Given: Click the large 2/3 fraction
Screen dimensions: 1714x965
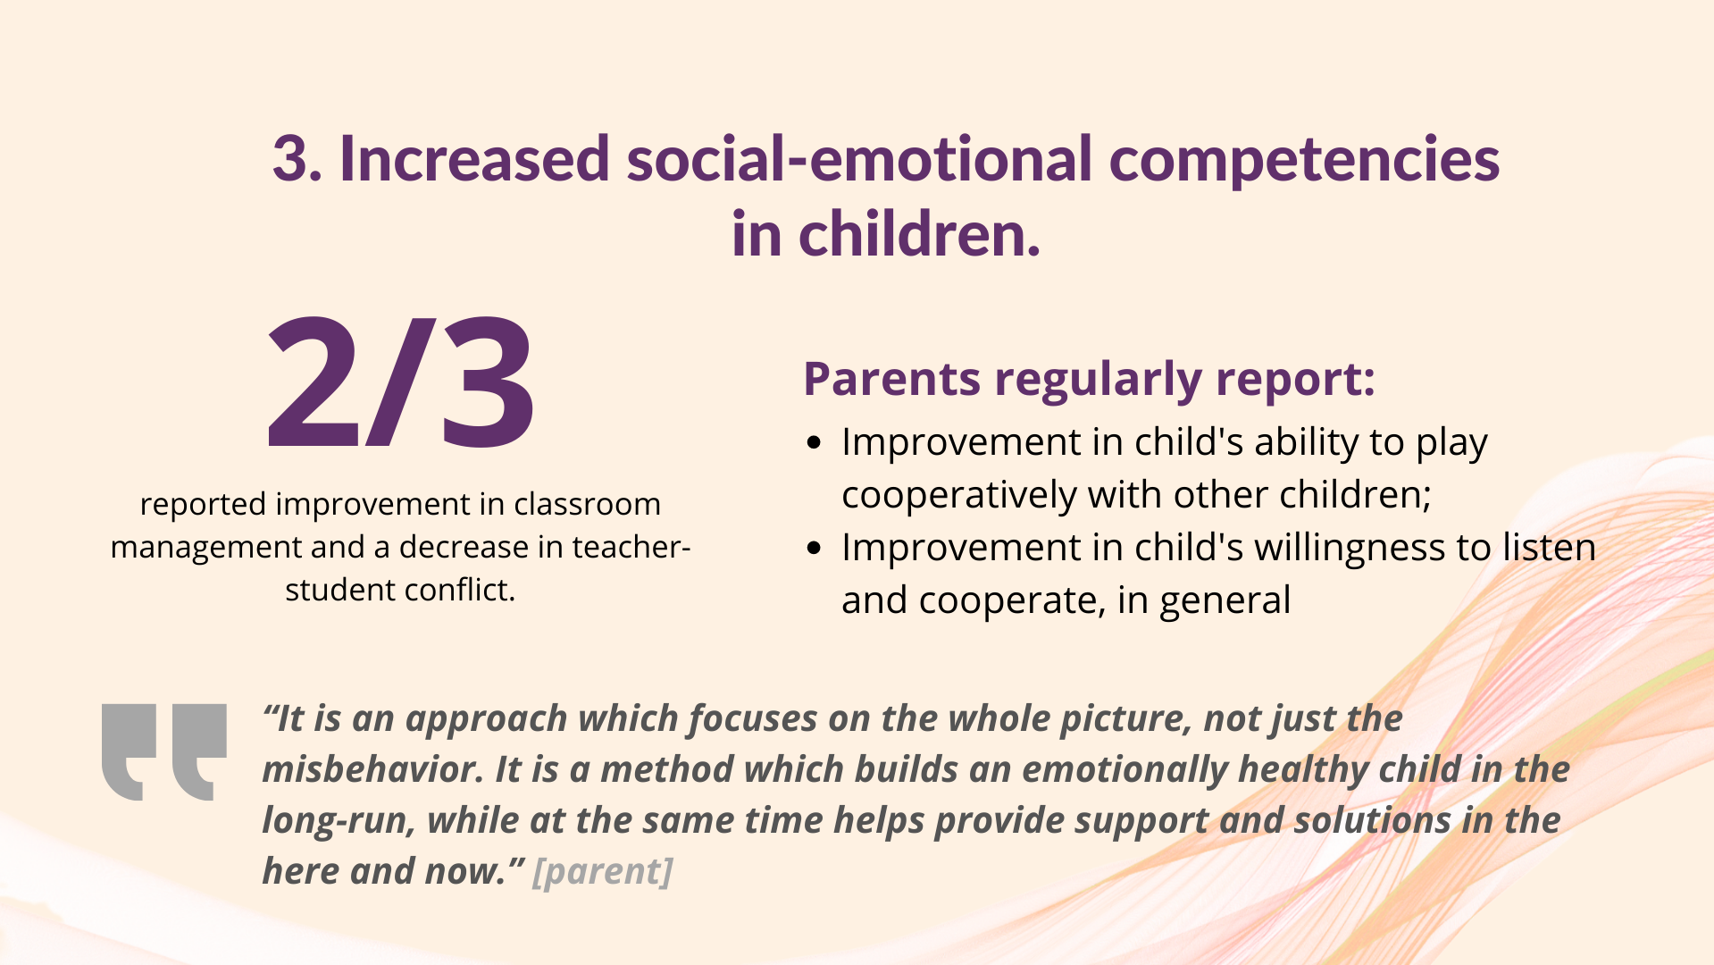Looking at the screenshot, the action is pos(401,382).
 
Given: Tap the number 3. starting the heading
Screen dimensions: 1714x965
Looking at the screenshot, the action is pos(297,159).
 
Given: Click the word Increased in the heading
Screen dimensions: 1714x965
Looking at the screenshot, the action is pos(474,159).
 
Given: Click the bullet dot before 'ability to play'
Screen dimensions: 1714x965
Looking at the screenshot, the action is pos(814,443).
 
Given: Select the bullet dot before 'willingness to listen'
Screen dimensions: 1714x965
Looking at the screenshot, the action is pos(814,548).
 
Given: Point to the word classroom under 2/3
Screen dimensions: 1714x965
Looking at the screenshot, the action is pos(587,504).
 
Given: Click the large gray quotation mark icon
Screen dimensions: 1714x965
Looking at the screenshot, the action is pos(163,752).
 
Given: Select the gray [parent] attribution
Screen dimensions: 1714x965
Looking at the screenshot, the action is pos(602,872).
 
